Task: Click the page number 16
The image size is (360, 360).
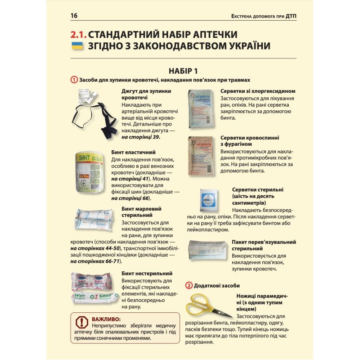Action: pos(74,16)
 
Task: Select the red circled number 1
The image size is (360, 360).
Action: pos(74,80)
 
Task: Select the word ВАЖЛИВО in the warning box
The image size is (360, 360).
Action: pos(103,319)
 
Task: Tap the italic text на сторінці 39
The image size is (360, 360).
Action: pos(141,137)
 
